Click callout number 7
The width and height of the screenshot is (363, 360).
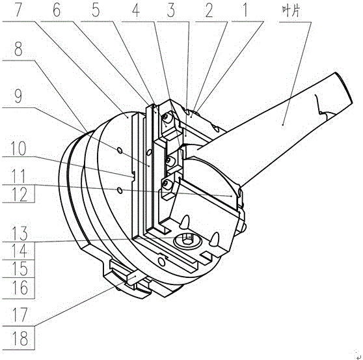(x=20, y=10)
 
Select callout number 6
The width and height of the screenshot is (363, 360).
(x=57, y=10)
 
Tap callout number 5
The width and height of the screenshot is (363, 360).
(x=96, y=10)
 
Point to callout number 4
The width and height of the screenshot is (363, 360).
(x=136, y=10)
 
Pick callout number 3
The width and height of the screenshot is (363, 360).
(x=171, y=10)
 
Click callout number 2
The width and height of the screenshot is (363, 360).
(x=209, y=10)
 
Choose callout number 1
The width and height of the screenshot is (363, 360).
(x=245, y=10)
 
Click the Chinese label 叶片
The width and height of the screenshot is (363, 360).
(x=291, y=11)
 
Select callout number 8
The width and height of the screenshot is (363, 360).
(x=18, y=49)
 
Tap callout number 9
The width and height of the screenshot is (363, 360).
(x=18, y=96)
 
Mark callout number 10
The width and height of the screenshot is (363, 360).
(x=18, y=148)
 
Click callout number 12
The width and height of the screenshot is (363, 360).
(x=20, y=195)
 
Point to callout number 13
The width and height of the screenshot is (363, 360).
(x=20, y=233)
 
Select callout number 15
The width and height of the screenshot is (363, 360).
(x=20, y=269)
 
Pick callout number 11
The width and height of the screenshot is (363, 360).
(x=18, y=176)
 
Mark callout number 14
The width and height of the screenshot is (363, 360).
(x=20, y=251)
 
